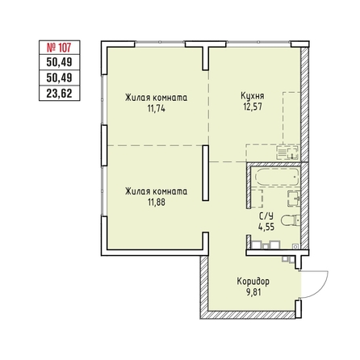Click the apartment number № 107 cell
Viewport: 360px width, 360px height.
[x=60, y=48]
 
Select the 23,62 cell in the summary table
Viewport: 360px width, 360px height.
[x=60, y=94]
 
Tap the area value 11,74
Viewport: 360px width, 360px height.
[x=156, y=108]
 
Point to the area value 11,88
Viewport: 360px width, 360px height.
[x=157, y=202]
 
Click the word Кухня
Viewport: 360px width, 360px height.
[x=252, y=96]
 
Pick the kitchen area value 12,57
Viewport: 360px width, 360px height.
[x=253, y=107]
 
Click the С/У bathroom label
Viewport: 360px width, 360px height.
[x=266, y=216]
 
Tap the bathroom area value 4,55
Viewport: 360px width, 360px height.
[x=266, y=227]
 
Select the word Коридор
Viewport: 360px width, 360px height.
[x=253, y=282]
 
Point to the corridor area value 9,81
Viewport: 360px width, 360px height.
[x=253, y=291]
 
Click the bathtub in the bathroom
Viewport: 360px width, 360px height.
[x=277, y=177]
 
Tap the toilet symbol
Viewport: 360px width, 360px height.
[x=290, y=220]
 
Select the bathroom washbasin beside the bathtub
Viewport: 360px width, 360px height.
[x=294, y=199]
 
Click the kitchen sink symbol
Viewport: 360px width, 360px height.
[x=287, y=153]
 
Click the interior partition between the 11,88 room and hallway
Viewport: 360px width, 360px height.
[x=206, y=173]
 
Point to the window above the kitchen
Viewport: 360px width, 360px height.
[x=258, y=42]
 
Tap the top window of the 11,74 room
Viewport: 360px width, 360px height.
[x=160, y=42]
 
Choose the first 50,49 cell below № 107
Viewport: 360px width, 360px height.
[x=60, y=62]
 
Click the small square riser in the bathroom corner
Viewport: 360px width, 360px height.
[x=295, y=246]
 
